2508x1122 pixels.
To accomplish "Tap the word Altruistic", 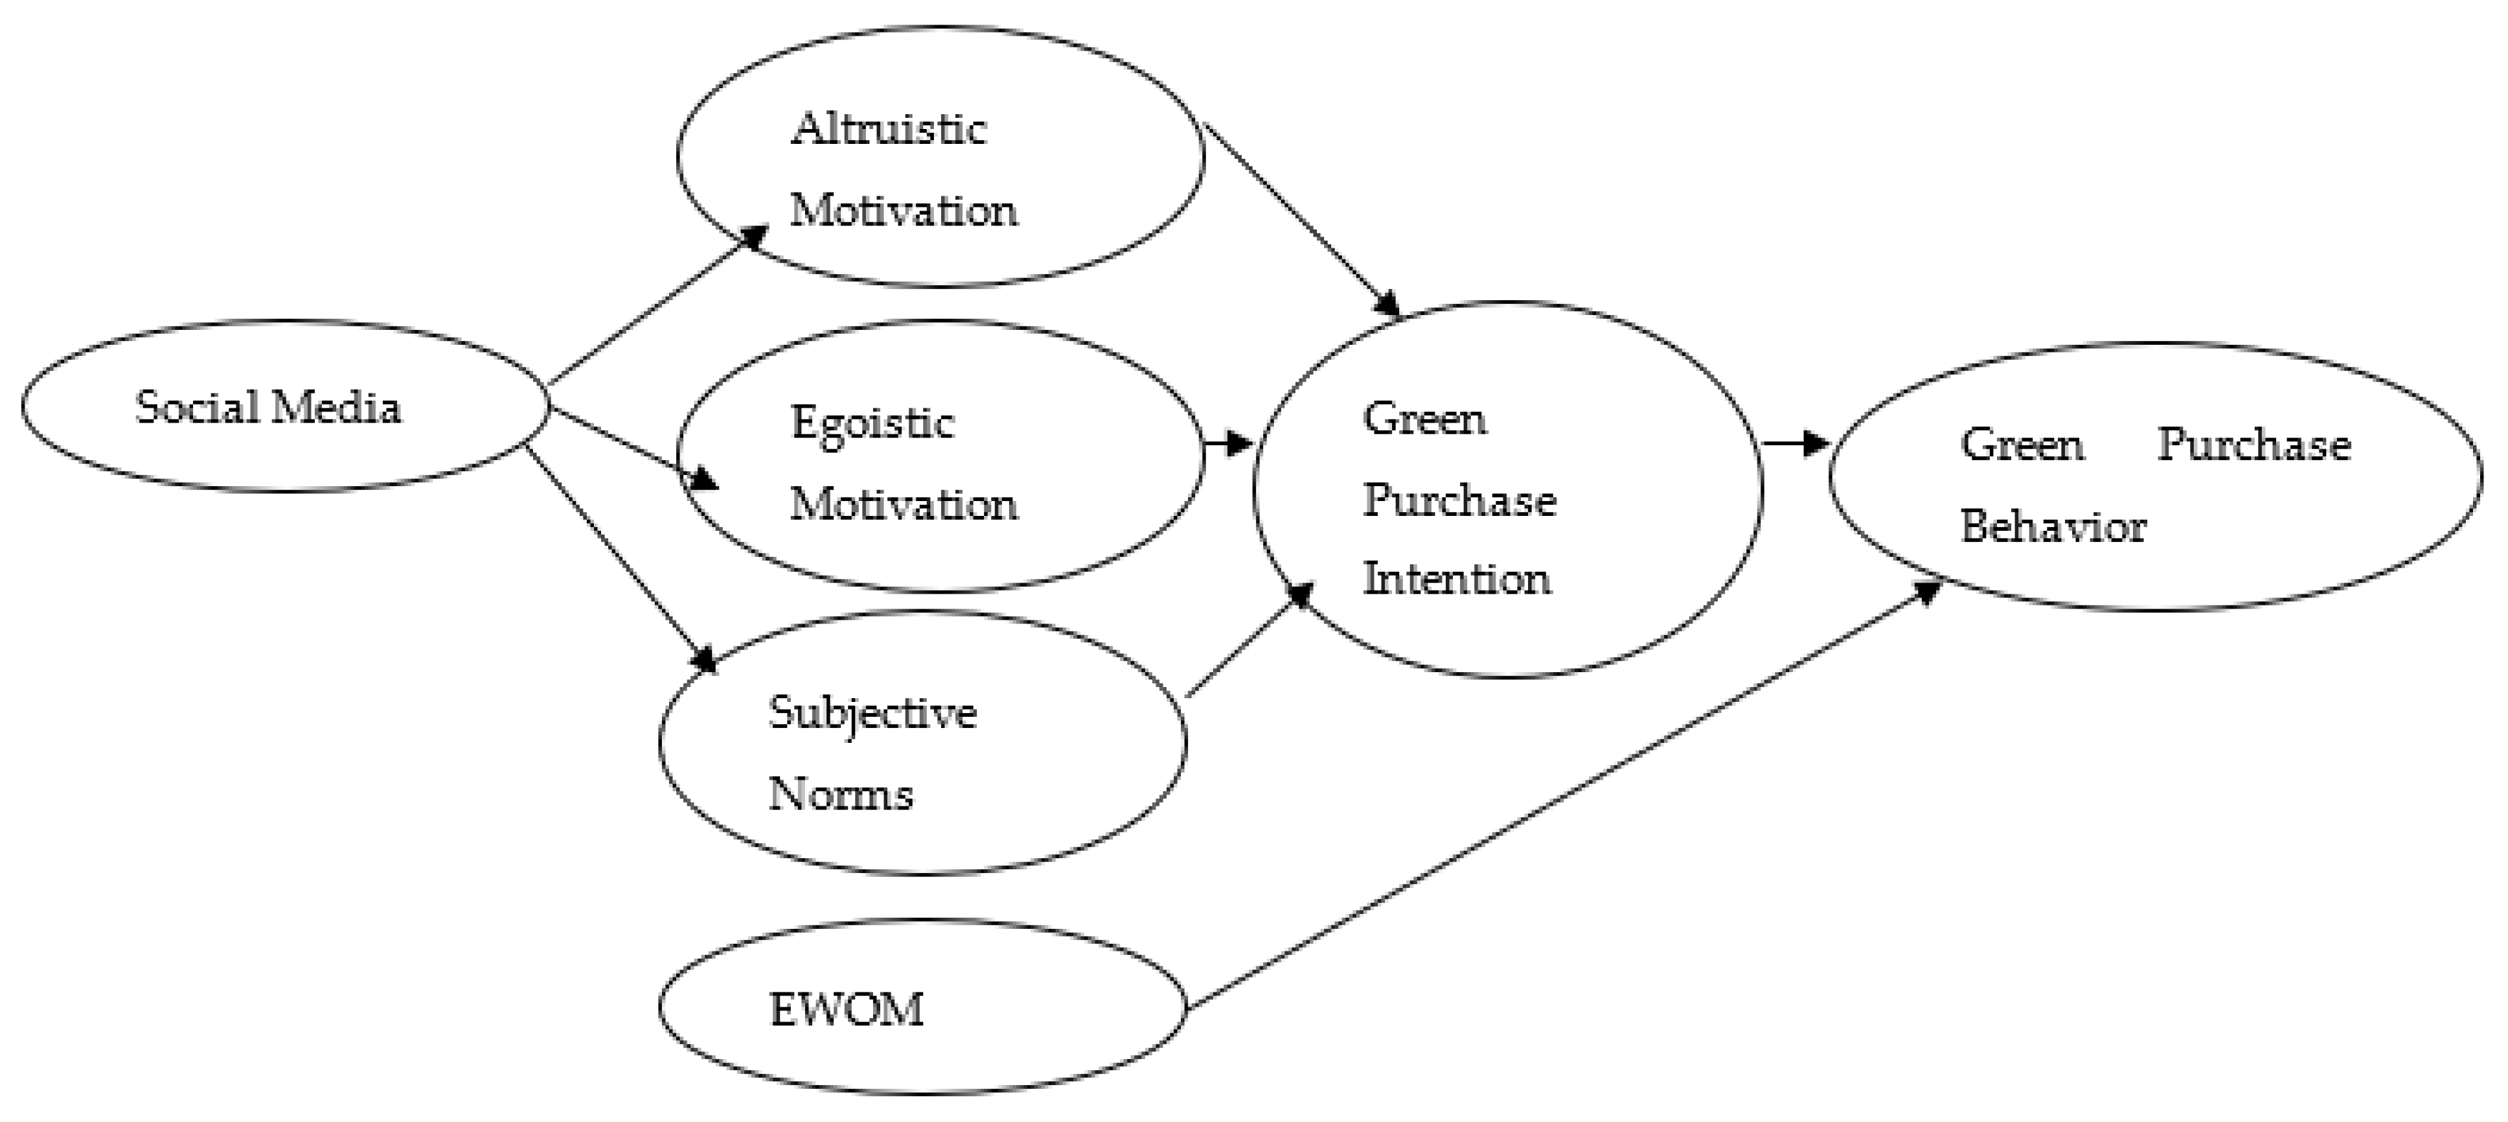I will pos(888,128).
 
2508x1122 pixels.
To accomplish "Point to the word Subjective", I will pos(872,714).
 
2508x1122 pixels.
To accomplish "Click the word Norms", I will pos(840,795).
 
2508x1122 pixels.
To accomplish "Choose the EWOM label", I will pos(846,1010).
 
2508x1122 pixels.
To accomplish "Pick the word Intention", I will pos(1457,579).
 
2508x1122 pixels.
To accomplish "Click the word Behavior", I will pos(2053,527).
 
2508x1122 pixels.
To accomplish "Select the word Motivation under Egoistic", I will pos(904,504).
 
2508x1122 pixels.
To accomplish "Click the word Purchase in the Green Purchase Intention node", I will pos(1459,500).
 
